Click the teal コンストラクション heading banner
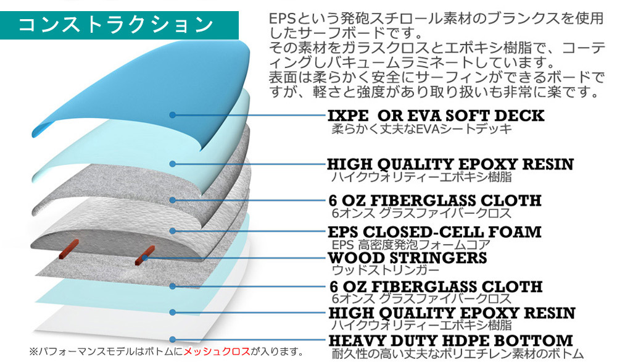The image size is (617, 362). [x=119, y=25]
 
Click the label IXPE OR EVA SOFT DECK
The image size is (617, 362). [x=436, y=116]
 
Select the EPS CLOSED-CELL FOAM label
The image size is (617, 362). [x=434, y=232]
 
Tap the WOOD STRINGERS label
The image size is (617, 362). [x=407, y=258]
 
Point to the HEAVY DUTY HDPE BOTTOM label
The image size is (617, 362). [x=451, y=340]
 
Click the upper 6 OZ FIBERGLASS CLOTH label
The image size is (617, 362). [x=435, y=201]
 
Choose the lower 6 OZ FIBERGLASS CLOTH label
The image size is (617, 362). [x=436, y=287]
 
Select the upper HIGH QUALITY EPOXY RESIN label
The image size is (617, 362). [x=450, y=164]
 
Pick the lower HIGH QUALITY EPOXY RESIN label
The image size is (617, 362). [x=452, y=313]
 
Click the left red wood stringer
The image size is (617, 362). [x=69, y=249]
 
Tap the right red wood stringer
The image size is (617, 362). [x=145, y=255]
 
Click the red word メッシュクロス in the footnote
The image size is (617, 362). [x=217, y=351]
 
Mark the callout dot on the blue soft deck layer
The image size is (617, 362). [x=172, y=115]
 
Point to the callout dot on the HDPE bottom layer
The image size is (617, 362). [x=172, y=340]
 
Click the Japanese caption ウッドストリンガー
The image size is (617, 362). [x=385, y=270]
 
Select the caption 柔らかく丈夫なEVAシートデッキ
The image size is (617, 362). [x=422, y=129]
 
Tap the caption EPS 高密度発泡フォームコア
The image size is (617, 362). [x=411, y=245]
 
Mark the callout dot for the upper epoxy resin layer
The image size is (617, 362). [x=172, y=164]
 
